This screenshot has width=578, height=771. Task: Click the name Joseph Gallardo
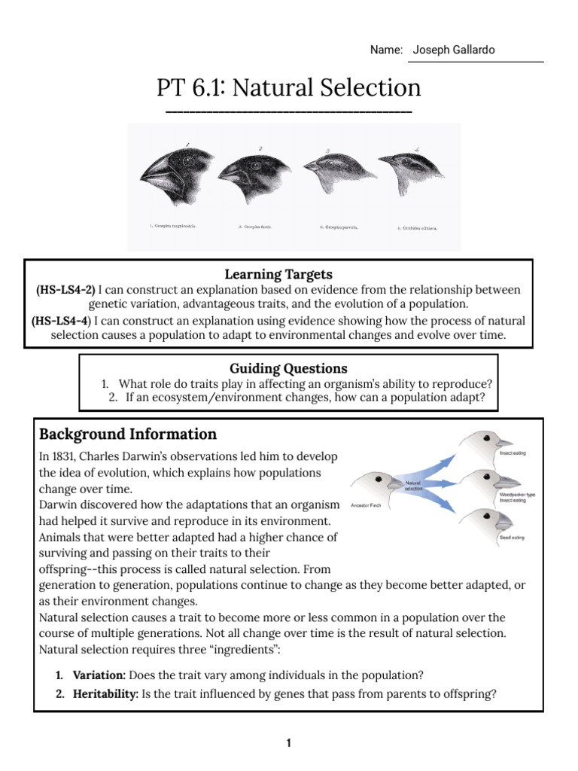(x=453, y=50)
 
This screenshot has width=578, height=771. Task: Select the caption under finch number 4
(x=417, y=227)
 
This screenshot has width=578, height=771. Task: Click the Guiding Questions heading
(x=288, y=368)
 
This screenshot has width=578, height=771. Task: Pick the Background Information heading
(x=128, y=434)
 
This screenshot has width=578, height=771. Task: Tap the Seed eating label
(x=507, y=539)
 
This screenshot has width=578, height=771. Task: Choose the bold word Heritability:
(x=105, y=694)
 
